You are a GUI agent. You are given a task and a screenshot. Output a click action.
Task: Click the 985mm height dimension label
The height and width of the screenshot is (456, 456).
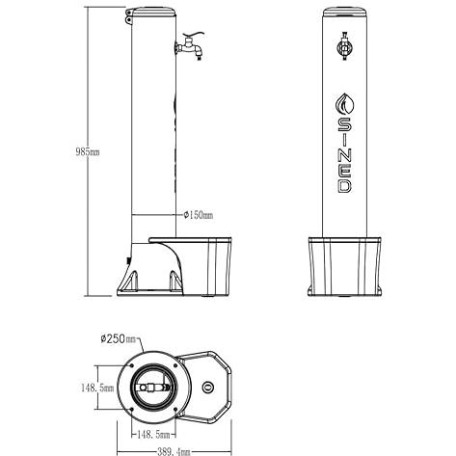pyautogui.click(x=88, y=151)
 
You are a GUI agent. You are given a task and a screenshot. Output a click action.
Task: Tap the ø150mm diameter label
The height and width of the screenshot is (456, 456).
pyautogui.click(x=199, y=215)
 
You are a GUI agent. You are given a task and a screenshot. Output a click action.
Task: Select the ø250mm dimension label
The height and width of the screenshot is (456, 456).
pyautogui.click(x=119, y=338)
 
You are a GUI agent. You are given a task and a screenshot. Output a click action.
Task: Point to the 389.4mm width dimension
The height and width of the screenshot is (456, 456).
pyautogui.click(x=174, y=451)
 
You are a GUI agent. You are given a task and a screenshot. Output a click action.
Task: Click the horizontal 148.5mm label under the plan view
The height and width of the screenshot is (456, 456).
pyautogui.click(x=153, y=435)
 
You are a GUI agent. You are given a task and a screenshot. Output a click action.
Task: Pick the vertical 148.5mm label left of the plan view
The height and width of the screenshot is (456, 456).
pyautogui.click(x=97, y=388)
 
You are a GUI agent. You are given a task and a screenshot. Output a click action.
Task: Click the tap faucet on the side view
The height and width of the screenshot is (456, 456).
pyautogui.click(x=190, y=47)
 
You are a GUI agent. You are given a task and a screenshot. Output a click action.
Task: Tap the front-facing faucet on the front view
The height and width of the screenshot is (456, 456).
pyautogui.click(x=345, y=47)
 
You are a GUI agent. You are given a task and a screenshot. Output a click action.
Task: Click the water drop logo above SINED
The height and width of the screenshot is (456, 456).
pyautogui.click(x=344, y=103)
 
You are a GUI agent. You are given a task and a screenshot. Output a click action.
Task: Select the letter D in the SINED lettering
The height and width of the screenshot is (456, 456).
pyautogui.click(x=344, y=186)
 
